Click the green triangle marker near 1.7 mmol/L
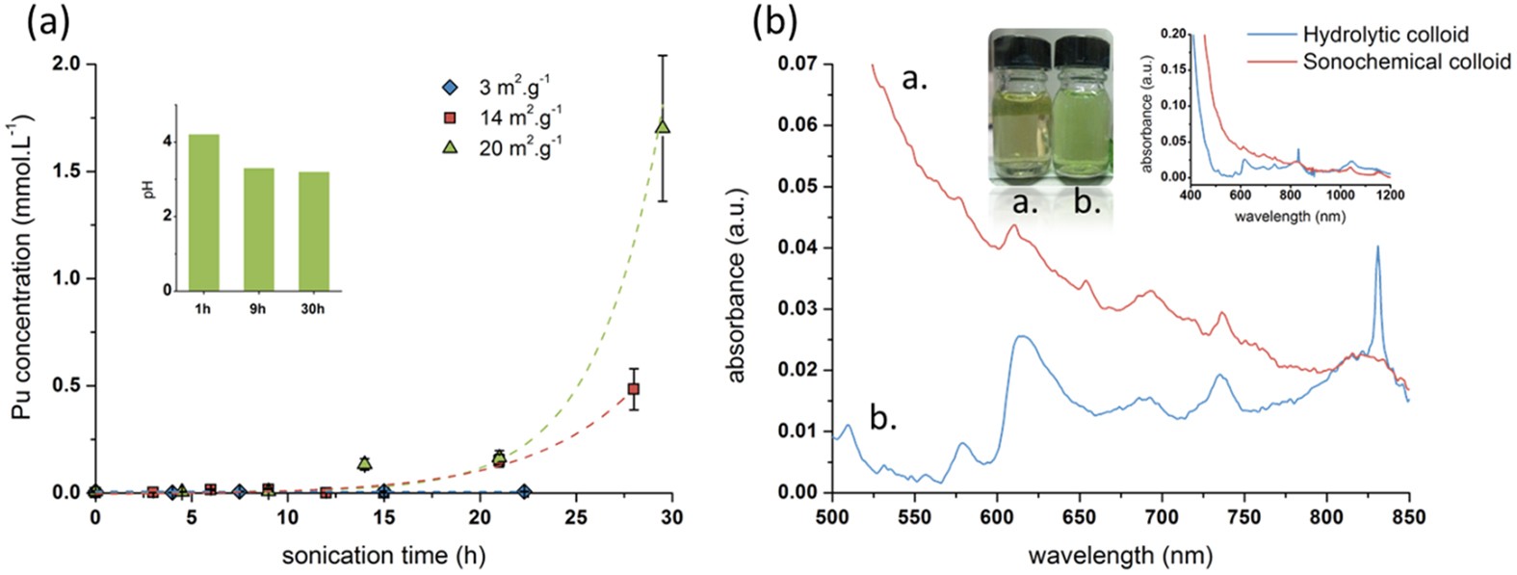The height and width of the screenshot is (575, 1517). (x=662, y=127)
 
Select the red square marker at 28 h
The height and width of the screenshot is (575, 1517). (x=634, y=389)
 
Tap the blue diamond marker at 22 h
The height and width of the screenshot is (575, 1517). (x=523, y=491)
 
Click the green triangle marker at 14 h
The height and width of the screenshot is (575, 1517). (x=364, y=463)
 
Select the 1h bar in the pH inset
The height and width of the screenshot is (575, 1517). (x=203, y=212)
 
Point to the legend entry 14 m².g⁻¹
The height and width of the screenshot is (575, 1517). (x=520, y=118)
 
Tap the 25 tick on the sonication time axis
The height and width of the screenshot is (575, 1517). (x=576, y=518)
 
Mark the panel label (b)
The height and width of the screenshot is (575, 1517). (x=774, y=21)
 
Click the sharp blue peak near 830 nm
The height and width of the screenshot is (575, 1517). (x=1377, y=248)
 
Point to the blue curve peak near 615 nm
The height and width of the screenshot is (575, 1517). (x=1022, y=336)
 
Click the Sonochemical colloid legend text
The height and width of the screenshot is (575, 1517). (x=1406, y=62)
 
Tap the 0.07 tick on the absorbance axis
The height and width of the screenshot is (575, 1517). (x=798, y=64)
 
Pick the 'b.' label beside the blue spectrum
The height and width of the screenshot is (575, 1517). (x=883, y=419)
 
